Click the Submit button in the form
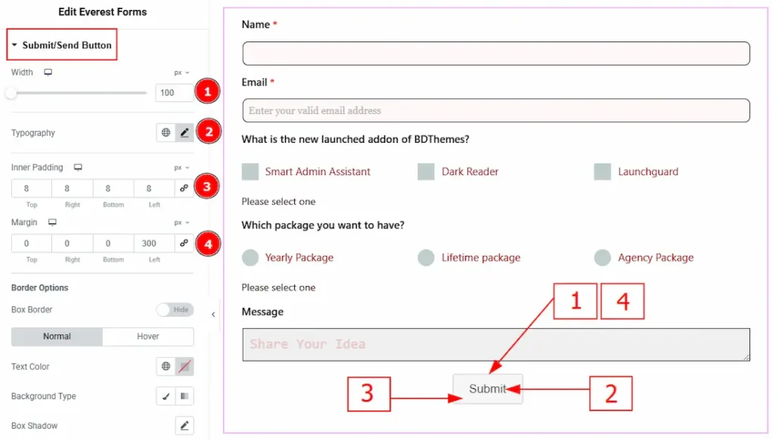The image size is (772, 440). click(x=488, y=389)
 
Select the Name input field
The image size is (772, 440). click(x=496, y=54)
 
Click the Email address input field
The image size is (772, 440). click(x=496, y=110)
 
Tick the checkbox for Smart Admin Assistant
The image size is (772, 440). click(x=250, y=171)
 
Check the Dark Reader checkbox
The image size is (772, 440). click(x=426, y=171)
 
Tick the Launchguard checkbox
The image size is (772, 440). click(x=602, y=171)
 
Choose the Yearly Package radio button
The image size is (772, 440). click(x=250, y=257)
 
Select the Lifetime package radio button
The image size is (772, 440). click(x=426, y=257)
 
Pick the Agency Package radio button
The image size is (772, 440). click(x=602, y=257)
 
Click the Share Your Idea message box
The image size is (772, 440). click(x=496, y=344)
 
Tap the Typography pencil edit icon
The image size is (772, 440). click(x=184, y=133)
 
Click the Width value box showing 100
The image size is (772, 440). click(x=174, y=93)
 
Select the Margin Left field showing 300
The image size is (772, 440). click(x=154, y=244)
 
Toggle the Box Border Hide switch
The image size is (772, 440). click(x=175, y=309)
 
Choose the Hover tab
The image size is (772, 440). click(x=148, y=337)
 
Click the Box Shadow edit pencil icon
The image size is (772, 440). click(x=184, y=426)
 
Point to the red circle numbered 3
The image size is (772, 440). click(x=207, y=186)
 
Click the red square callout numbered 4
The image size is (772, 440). click(x=622, y=301)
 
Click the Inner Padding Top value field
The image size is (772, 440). click(x=32, y=188)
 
